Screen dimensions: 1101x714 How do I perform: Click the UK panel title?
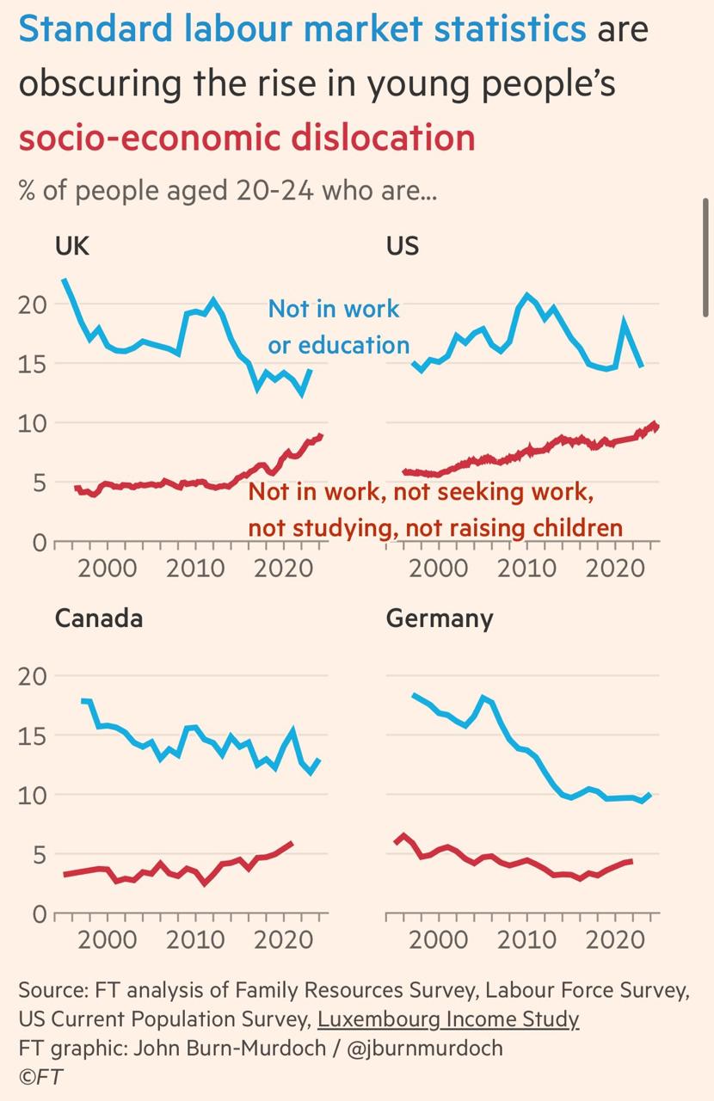(71, 246)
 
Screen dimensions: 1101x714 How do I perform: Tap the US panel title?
(403, 246)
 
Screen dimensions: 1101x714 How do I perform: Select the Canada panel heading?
(98, 618)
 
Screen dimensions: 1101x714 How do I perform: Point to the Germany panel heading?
(440, 618)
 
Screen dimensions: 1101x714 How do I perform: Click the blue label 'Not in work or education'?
(338, 327)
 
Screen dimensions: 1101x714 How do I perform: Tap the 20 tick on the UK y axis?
(32, 304)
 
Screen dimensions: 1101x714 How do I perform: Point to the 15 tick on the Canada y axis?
(32, 735)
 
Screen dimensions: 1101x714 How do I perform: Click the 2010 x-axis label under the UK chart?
(197, 568)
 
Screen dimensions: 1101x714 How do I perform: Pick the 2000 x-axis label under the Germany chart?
(437, 938)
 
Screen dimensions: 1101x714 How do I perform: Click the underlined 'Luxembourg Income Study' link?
(448, 1019)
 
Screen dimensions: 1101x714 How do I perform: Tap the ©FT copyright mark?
(40, 1077)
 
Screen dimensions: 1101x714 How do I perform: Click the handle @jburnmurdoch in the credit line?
(425, 1049)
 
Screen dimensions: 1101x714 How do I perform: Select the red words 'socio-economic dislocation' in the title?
(247, 138)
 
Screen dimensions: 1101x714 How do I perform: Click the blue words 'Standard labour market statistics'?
(302, 29)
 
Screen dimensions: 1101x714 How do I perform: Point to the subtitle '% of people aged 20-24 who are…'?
(228, 190)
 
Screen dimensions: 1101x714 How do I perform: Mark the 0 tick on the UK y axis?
(38, 543)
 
